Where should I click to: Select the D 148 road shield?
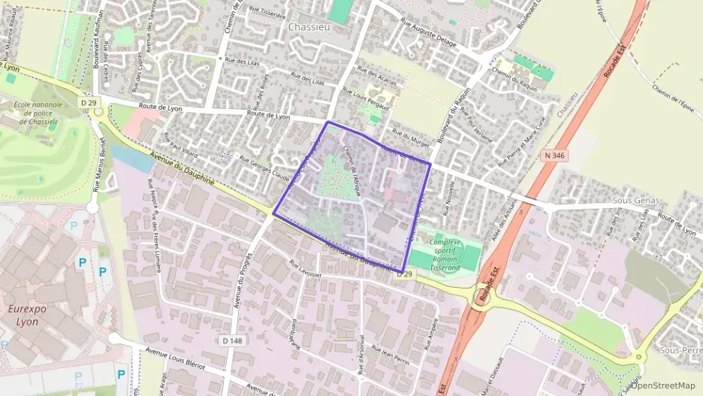click(231, 340)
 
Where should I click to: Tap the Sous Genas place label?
click(635, 201)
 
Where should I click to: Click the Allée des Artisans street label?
click(499, 226)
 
